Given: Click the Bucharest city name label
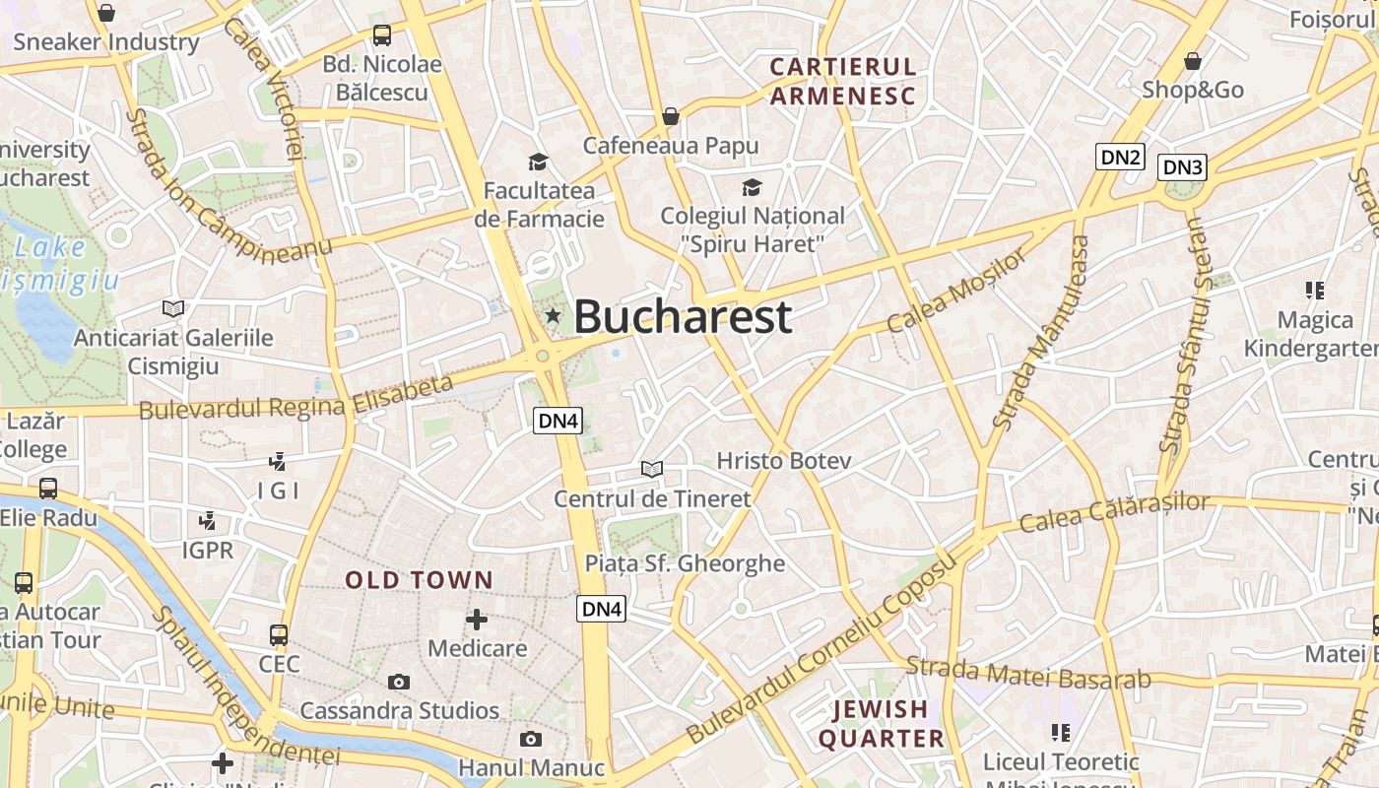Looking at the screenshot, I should tap(683, 316).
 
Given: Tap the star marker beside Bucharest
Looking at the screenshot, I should tap(554, 316).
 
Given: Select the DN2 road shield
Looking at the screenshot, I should tap(1120, 157).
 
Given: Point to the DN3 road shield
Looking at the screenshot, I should tap(1182, 167).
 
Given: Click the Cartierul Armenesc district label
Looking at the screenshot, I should tap(843, 81).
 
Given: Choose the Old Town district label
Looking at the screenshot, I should tap(419, 580).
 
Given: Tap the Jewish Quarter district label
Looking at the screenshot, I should tap(881, 723).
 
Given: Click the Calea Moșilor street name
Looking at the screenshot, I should tap(955, 292).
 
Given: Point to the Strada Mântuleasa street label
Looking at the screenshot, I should tap(1042, 332).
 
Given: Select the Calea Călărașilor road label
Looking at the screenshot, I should tap(1114, 512).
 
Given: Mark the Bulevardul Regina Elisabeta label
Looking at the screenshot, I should tap(296, 398).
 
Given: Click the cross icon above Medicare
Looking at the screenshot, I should tap(477, 619).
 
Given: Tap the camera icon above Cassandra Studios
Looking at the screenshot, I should tap(399, 682).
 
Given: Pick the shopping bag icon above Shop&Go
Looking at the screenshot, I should tap(1193, 61).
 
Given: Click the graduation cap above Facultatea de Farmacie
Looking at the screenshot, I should tap(538, 162).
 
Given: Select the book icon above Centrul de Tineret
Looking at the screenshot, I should tap(651, 469).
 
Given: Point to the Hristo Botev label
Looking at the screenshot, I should tap(784, 460).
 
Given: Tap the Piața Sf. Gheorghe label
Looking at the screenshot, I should tap(685, 563).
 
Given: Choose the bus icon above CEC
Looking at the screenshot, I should tap(279, 634).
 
